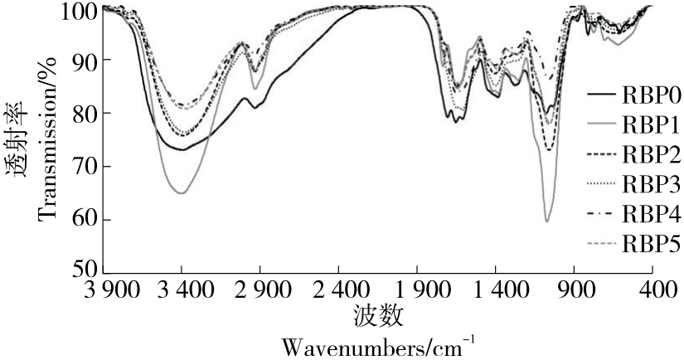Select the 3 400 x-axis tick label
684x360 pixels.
coord(182,291)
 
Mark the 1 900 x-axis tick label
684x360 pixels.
coord(417,291)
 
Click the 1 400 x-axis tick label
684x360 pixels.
coord(496,291)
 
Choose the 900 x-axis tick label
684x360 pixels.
coord(575,291)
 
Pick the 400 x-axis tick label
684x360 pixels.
coord(652,291)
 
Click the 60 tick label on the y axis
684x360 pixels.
coord(86,220)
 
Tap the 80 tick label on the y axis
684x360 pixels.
coord(86,114)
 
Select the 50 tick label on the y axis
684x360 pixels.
coord(86,270)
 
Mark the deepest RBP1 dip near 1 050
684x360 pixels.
coord(547,221)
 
